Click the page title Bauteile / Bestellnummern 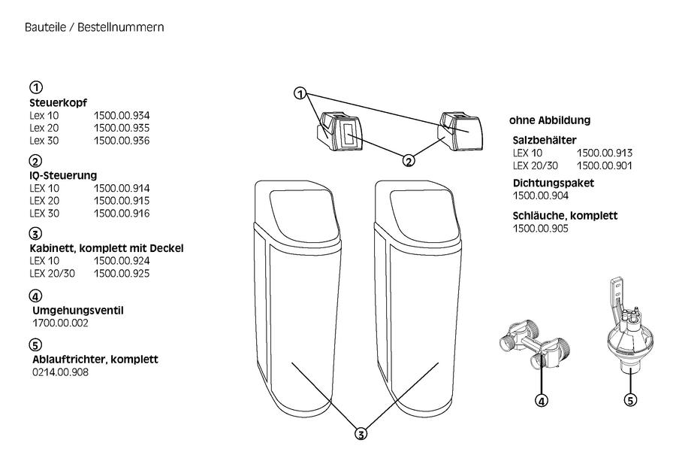coord(95,27)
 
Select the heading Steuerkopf coord(58,103)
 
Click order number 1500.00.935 coord(122,128)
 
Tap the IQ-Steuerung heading coord(63,176)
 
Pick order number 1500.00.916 coord(122,214)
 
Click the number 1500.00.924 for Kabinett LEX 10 coord(122,261)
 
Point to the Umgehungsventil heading coord(78,311)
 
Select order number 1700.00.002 coord(60,323)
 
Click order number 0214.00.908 coord(60,372)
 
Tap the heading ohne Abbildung coord(550,120)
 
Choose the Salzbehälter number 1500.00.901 coord(605,165)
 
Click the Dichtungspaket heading coord(553,184)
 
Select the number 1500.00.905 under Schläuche coord(541,229)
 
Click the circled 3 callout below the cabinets coord(361,433)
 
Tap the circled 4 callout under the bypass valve coord(542,401)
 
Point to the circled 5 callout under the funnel coord(630,400)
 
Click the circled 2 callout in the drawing coord(409,161)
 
